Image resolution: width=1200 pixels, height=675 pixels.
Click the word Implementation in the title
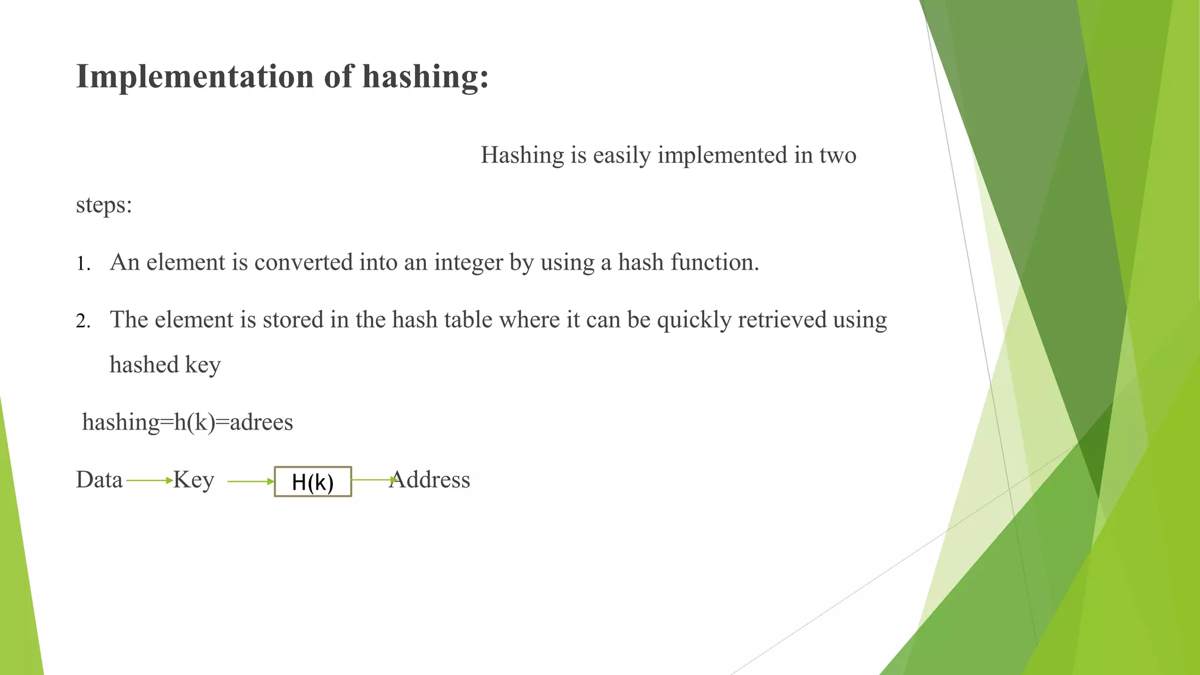click(195, 77)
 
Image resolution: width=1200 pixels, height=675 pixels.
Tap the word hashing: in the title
click(425, 77)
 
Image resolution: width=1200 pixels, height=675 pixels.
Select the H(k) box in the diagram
click(313, 482)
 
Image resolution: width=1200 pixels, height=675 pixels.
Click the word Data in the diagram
click(99, 480)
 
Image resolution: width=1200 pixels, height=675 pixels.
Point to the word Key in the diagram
click(193, 480)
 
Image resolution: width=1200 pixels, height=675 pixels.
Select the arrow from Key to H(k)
click(250, 482)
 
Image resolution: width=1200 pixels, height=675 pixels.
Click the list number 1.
click(83, 264)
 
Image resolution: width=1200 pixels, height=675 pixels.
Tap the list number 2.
click(83, 322)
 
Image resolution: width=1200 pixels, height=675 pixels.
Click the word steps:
click(104, 205)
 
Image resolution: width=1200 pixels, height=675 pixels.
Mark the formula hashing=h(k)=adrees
click(187, 422)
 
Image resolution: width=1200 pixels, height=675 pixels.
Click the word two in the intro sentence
click(838, 155)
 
